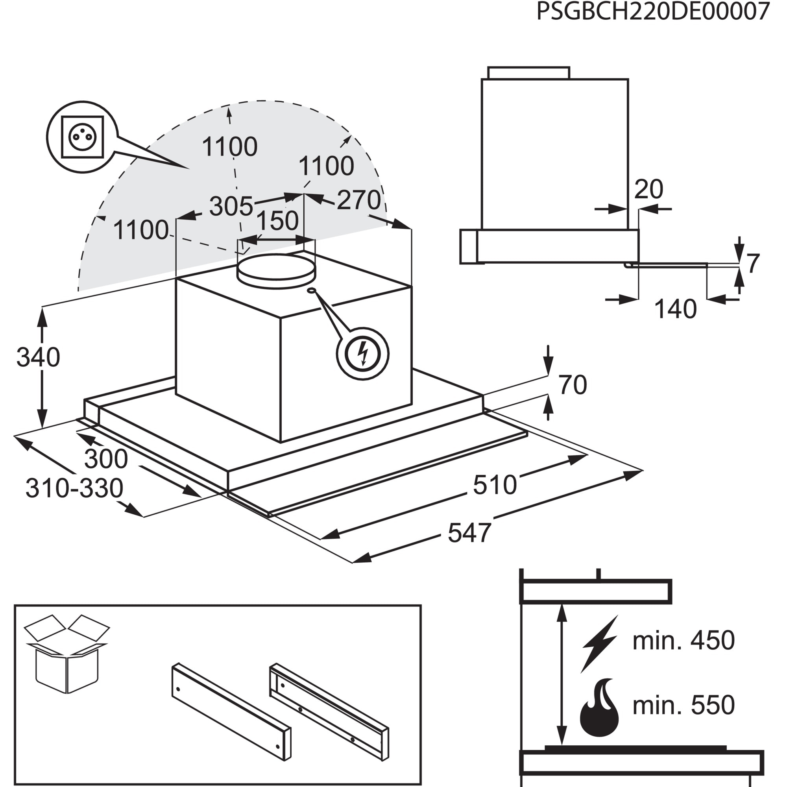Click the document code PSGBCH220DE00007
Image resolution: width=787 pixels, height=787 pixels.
[x=652, y=11]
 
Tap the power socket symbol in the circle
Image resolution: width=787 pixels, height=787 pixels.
[x=82, y=137]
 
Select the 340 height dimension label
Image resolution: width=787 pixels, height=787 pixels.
[x=38, y=357]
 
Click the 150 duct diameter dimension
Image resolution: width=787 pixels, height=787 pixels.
[x=278, y=221]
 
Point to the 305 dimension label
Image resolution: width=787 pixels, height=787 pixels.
[x=231, y=206]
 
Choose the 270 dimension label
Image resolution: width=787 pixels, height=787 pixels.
[x=359, y=200]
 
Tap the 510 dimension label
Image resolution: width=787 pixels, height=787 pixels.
[x=495, y=484]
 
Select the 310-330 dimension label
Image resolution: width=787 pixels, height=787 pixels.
[x=74, y=488]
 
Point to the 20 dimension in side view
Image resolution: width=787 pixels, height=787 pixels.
[x=648, y=189]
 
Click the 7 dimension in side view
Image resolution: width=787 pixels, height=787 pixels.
[x=753, y=263]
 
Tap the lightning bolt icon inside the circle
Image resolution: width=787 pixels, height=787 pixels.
[x=362, y=353]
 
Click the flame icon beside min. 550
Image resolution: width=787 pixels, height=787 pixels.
[x=599, y=707]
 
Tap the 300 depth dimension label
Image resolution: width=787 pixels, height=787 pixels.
[x=106, y=459]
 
